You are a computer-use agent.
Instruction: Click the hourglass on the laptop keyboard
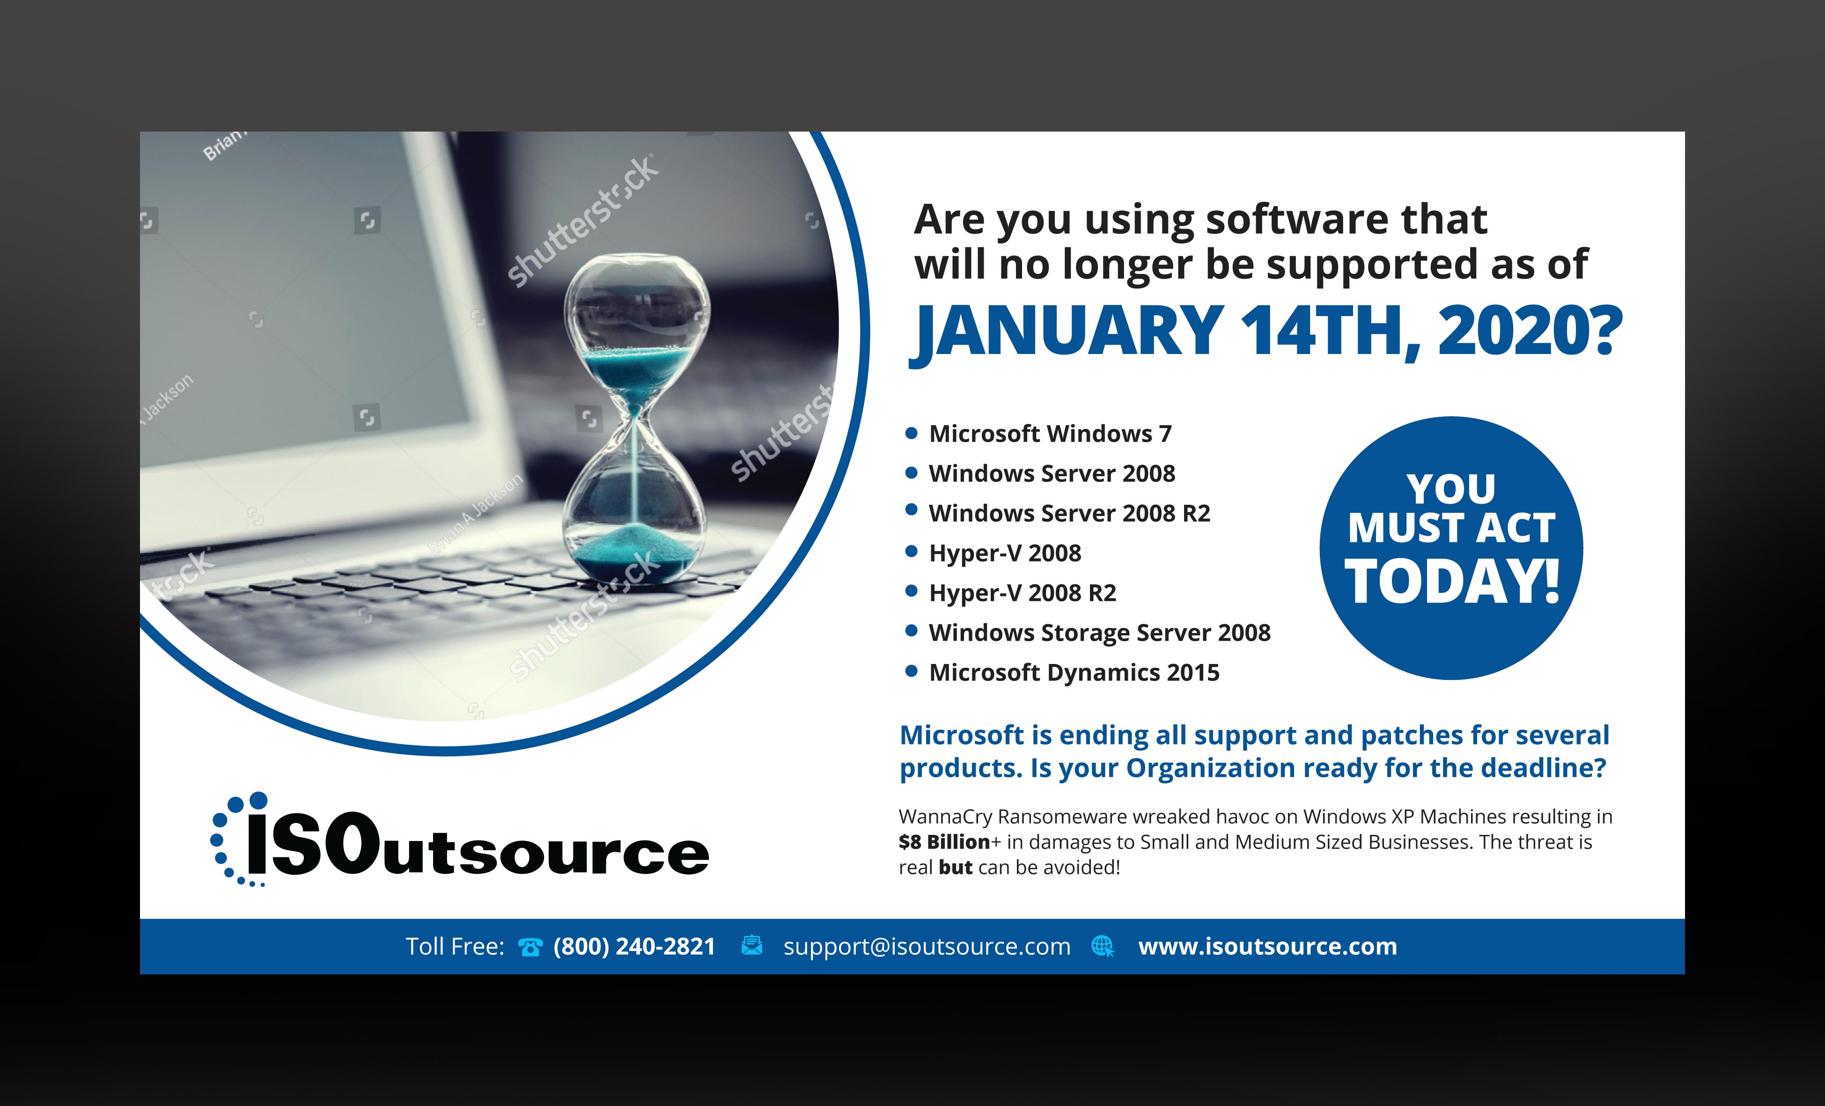pyautogui.click(x=635, y=419)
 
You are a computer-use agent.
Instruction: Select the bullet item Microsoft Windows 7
pyautogui.click(x=1050, y=433)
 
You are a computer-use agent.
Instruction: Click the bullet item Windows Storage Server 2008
pyautogui.click(x=1100, y=633)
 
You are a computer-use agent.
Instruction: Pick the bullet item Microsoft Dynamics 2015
pyautogui.click(x=1074, y=673)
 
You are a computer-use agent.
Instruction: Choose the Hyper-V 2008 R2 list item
pyautogui.click(x=1022, y=593)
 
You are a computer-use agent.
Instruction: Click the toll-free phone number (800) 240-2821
pyautogui.click(x=634, y=947)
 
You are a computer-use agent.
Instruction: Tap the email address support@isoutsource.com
pyautogui.click(x=927, y=947)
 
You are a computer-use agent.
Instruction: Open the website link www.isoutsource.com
pyautogui.click(x=1267, y=947)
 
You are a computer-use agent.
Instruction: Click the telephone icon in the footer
pyautogui.click(x=530, y=947)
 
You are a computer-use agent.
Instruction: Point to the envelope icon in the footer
pyautogui.click(x=752, y=945)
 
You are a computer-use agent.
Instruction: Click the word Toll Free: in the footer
pyautogui.click(x=455, y=947)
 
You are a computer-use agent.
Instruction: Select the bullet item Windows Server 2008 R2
pyautogui.click(x=1069, y=513)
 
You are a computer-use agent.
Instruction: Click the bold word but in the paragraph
pyautogui.click(x=956, y=868)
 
